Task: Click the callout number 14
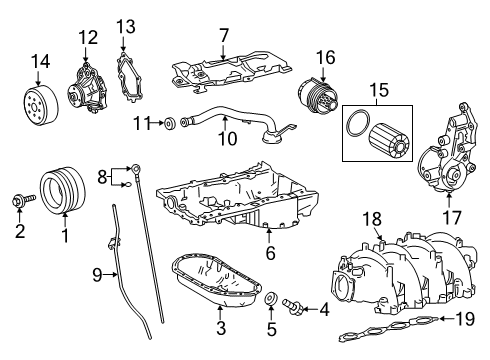click(40, 63)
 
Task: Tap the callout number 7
click(224, 35)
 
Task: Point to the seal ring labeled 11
click(170, 124)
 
